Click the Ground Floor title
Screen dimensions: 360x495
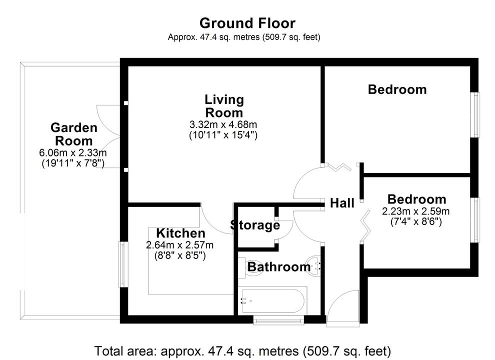tap(247, 23)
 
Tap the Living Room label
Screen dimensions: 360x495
tap(224, 105)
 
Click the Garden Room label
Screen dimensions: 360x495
tap(73, 134)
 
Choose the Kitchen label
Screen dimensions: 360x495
tap(180, 233)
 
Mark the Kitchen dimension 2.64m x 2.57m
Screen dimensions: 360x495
tap(179, 245)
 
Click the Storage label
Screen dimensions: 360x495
tap(255, 225)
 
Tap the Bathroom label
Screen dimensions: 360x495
tap(279, 267)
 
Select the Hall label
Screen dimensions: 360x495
tap(342, 203)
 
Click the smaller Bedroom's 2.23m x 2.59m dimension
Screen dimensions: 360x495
tap(416, 210)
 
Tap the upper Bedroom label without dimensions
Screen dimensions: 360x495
tap(397, 89)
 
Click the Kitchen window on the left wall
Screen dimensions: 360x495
tap(121, 264)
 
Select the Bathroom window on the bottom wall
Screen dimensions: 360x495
tap(278, 319)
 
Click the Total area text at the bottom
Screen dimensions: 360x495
tap(242, 350)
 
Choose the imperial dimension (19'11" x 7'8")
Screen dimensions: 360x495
tap(73, 162)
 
